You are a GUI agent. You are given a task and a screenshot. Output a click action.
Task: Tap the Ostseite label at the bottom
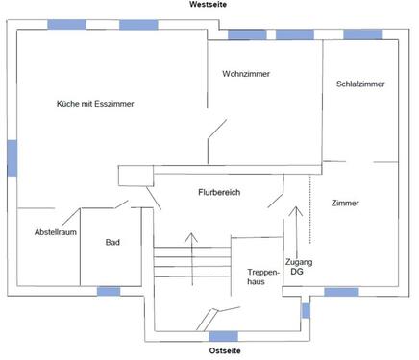[225, 350]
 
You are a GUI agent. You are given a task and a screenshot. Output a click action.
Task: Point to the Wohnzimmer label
[245, 74]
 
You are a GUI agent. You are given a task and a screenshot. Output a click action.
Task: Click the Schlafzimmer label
[360, 84]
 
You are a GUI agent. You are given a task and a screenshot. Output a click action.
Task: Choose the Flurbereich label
[219, 193]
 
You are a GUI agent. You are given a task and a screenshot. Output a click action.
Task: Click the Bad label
[112, 242]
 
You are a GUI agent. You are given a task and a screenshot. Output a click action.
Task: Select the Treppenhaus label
[262, 276]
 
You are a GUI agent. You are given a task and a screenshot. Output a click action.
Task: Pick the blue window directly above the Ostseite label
[224, 336]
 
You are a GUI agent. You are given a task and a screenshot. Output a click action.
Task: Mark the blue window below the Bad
[109, 290]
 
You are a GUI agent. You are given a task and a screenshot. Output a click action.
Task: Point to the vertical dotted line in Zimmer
[311, 206]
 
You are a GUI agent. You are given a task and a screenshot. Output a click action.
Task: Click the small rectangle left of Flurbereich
[135, 175]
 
